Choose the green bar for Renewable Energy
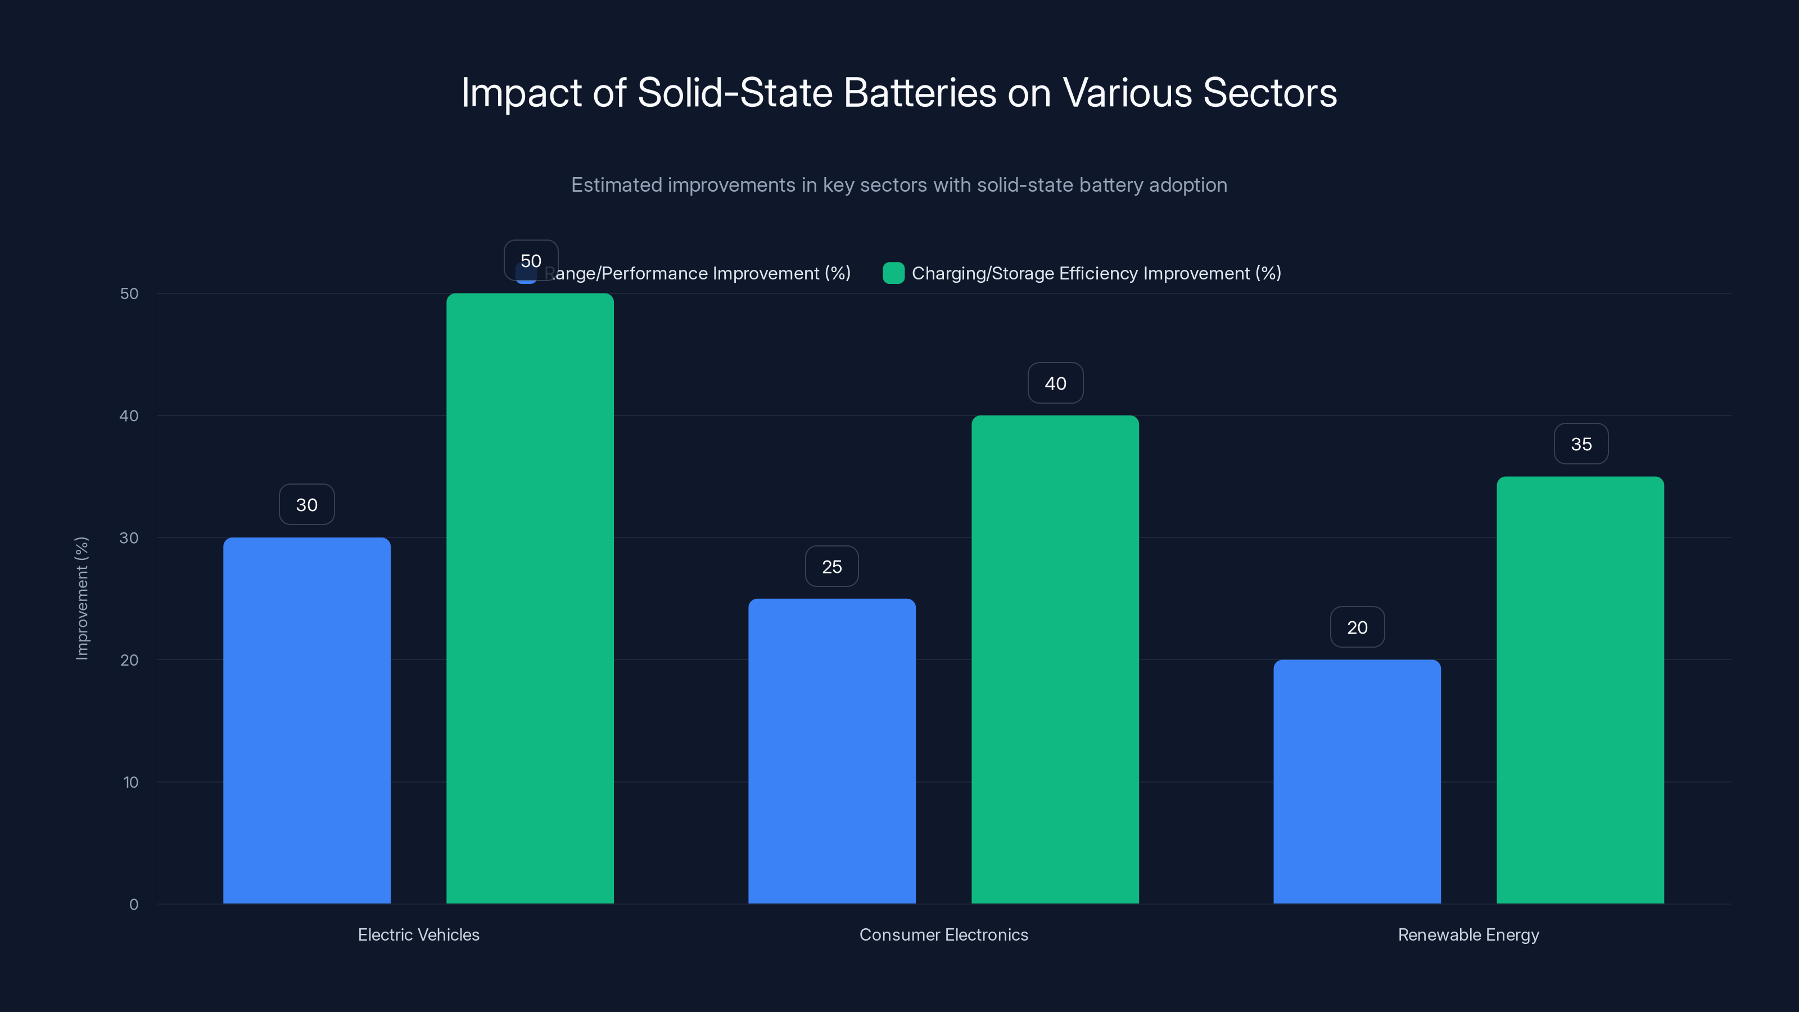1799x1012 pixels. (x=1580, y=689)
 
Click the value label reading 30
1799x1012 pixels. (x=306, y=505)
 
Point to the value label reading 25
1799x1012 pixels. (x=832, y=566)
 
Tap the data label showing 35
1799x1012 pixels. (x=1581, y=444)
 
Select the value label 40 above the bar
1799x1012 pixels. (x=1055, y=383)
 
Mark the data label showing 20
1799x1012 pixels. (x=1357, y=627)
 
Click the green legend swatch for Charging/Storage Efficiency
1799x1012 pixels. (x=893, y=273)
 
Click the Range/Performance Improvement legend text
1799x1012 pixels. (x=698, y=273)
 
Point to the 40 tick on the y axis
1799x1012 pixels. (x=129, y=416)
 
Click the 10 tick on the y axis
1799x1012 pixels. (x=130, y=782)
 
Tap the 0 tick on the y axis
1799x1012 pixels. (x=133, y=905)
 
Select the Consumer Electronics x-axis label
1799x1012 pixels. (x=943, y=934)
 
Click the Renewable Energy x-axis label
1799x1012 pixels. (x=1468, y=934)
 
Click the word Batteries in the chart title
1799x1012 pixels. (x=920, y=93)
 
